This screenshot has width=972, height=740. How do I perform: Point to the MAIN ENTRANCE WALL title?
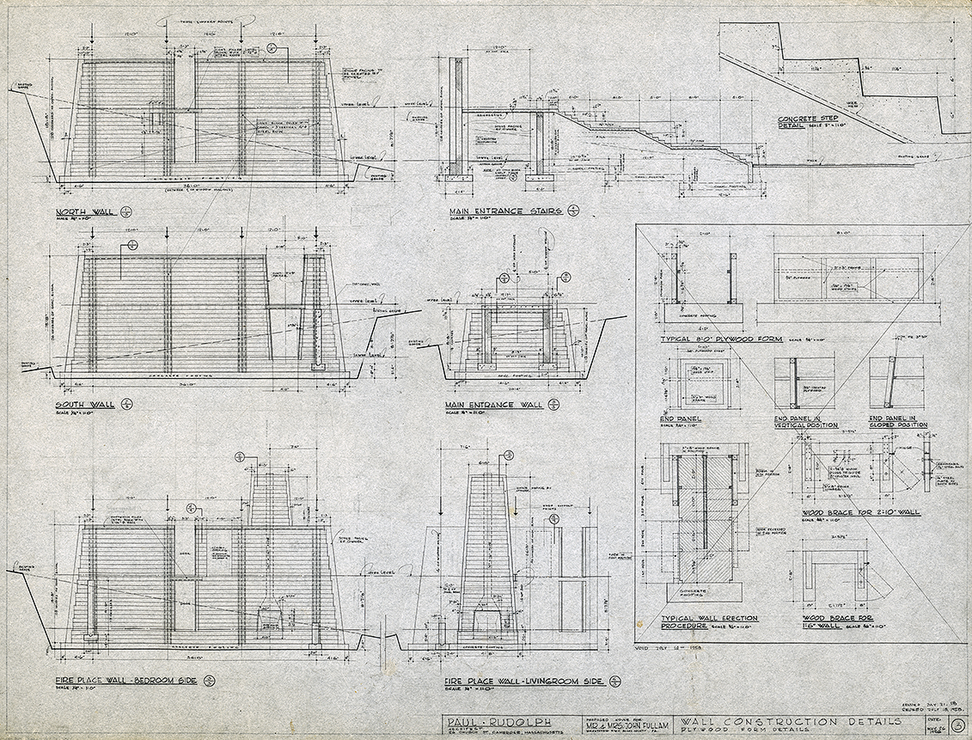pyautogui.click(x=493, y=403)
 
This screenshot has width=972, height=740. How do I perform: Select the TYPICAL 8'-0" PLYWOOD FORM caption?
pyautogui.click(x=721, y=339)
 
